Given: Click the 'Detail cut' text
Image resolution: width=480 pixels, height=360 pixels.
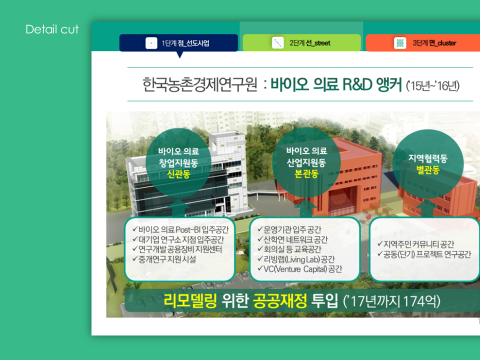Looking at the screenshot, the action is (52, 29).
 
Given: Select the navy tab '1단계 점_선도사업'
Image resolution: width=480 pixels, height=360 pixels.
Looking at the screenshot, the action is (178, 43).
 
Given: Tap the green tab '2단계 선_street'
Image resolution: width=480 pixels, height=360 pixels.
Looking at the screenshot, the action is (301, 43).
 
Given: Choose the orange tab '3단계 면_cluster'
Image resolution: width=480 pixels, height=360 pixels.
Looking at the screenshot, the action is (423, 43).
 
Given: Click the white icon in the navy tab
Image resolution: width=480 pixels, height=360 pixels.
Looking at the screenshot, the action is (151, 43).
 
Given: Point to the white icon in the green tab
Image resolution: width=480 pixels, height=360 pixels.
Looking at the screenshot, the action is (277, 43).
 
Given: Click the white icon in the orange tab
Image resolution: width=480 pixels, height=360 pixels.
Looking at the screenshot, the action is (400, 43).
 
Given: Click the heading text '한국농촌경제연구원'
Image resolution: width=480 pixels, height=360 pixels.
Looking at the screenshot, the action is (199, 84).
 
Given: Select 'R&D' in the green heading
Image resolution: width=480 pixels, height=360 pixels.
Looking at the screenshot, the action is (357, 84).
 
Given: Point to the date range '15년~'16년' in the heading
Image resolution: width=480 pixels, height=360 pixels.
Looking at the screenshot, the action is (433, 86).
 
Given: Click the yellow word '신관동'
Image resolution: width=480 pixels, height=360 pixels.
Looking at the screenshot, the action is (178, 174).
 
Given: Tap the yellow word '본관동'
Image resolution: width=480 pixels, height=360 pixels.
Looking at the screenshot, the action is (306, 173).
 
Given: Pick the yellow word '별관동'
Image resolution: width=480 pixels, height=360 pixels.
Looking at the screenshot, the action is (428, 169).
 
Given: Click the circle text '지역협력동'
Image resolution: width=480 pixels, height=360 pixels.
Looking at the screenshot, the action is (428, 158).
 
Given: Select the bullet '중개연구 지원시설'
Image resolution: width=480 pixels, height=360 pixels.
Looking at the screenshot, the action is (164, 259).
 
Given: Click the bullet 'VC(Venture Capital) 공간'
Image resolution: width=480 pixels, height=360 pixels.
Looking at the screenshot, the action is (300, 269).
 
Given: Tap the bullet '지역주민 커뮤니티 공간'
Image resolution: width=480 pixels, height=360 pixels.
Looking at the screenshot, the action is (415, 244).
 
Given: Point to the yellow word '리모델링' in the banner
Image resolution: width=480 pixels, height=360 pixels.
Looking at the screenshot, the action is (190, 301).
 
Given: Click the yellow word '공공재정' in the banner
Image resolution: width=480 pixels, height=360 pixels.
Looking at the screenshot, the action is (280, 301).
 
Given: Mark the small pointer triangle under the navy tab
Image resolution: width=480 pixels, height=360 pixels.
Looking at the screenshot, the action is (180, 54).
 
